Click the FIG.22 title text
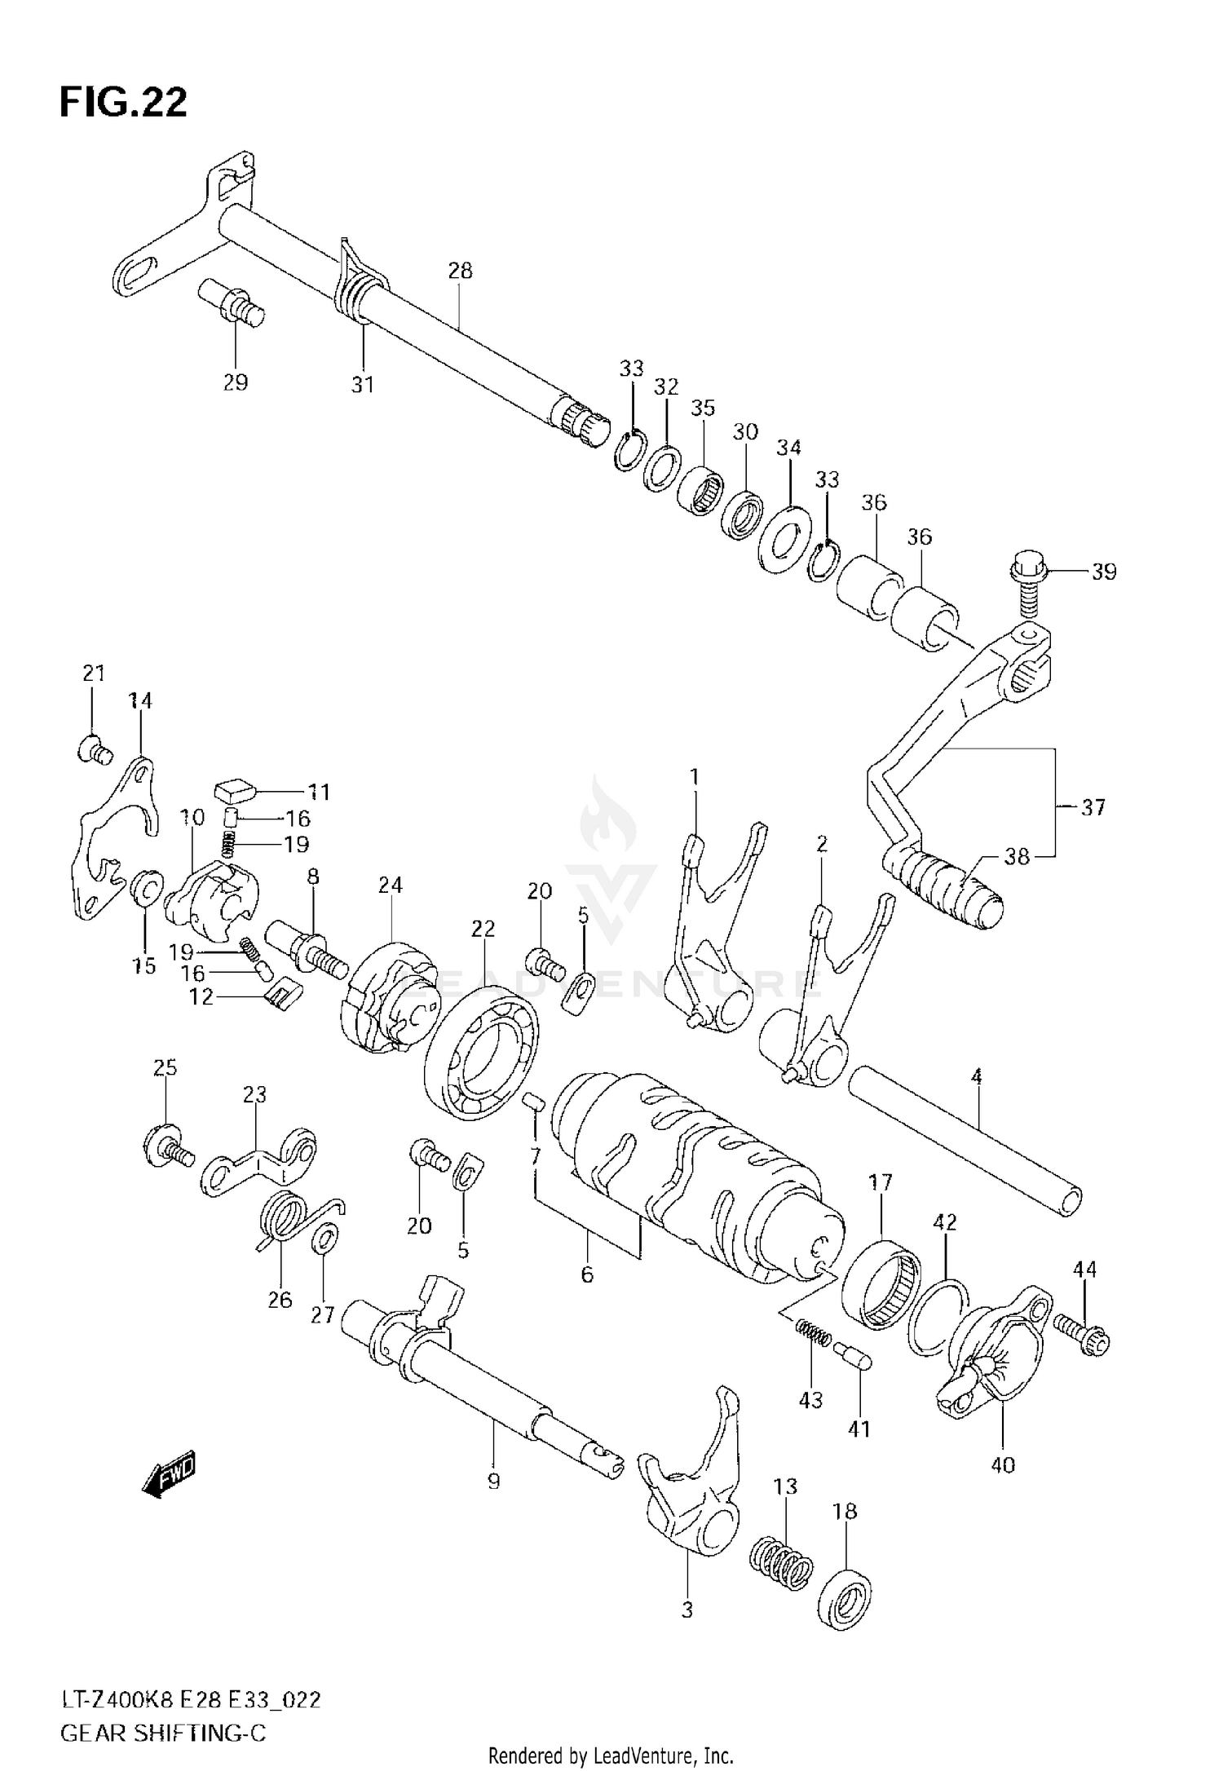(123, 104)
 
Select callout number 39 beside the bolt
(1103, 572)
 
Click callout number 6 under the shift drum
(587, 1274)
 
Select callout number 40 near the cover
(1003, 1465)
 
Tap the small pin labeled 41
(854, 1358)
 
